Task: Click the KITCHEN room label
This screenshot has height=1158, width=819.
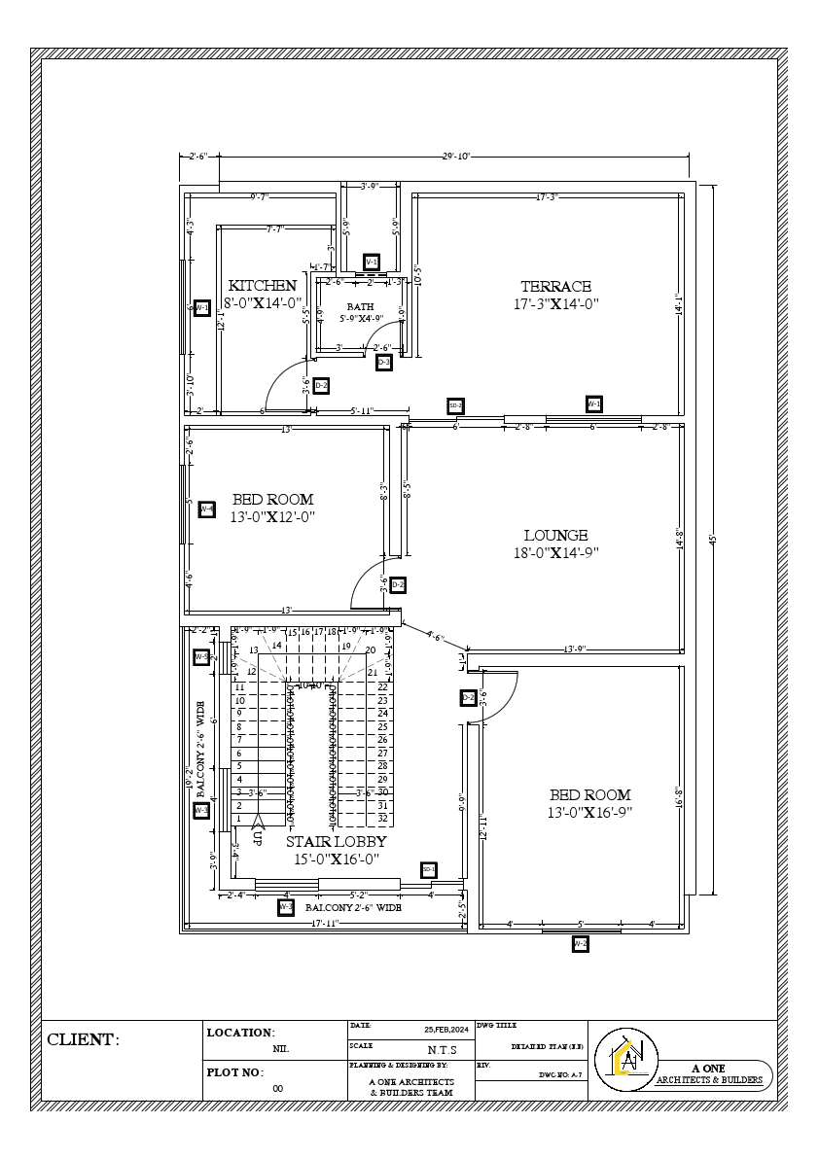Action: coord(262,286)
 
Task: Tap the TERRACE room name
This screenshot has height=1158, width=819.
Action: coord(555,287)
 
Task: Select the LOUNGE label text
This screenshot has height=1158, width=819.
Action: coord(555,536)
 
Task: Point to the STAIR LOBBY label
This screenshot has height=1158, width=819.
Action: coord(336,842)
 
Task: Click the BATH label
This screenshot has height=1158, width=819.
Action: coord(360,306)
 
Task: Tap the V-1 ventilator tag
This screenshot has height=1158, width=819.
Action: coord(371,263)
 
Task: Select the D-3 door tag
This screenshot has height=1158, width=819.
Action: coord(384,363)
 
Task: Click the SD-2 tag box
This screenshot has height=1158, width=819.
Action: coord(454,405)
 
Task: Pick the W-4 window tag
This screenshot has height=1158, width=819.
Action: coord(206,509)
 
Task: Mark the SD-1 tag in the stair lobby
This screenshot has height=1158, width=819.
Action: coord(428,869)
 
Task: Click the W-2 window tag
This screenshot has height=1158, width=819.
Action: coord(580,943)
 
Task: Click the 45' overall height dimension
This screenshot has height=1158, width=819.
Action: coord(712,538)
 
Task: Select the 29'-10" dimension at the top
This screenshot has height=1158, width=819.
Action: coord(455,156)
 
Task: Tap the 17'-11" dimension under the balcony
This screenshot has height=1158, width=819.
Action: coord(324,923)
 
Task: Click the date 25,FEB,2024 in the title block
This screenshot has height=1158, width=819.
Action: coord(445,1029)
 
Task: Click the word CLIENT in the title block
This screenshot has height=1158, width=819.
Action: coord(83,1040)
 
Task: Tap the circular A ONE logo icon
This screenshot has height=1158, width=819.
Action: coord(631,1058)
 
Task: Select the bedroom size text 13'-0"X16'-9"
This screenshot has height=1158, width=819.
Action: coord(589,812)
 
